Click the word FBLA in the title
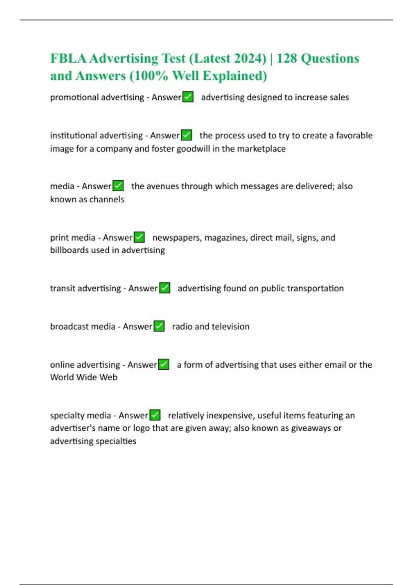pos(68,58)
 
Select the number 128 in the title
pos(286,58)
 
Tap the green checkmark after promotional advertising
pos(188,97)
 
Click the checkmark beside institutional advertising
pos(187,135)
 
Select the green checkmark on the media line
pos(118,186)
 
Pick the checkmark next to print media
pos(139,237)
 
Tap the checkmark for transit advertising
pos(165,288)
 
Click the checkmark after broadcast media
pos(159,326)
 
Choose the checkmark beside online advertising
pos(164,364)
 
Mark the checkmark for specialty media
pos(155,415)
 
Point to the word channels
pos(107,199)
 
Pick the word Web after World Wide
pos(108,377)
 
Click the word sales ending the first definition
pos(339,97)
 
